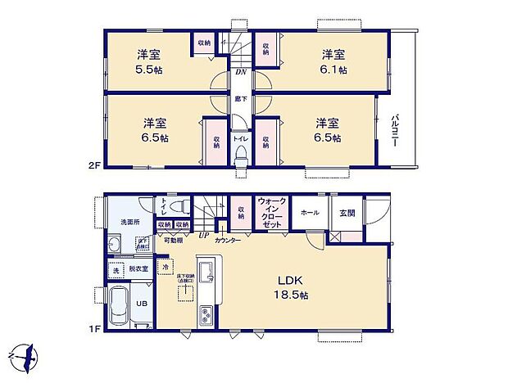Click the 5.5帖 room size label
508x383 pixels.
click(148, 70)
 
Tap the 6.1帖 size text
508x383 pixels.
click(333, 70)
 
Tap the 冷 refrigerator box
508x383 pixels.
click(165, 267)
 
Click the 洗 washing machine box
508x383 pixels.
click(116, 269)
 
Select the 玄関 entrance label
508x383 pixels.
click(347, 212)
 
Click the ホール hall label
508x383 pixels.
click(311, 212)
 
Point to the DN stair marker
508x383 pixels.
click(241, 71)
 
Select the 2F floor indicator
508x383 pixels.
click(93, 165)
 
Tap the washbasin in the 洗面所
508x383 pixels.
click(115, 244)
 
